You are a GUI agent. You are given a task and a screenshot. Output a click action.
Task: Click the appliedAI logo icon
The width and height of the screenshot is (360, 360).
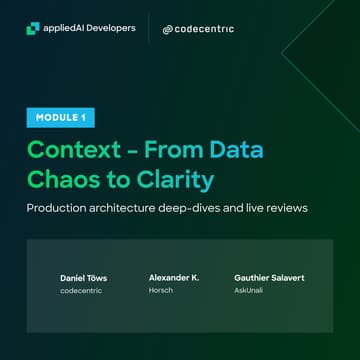(x=33, y=29)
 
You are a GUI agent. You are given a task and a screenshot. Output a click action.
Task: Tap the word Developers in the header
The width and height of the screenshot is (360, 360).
(x=110, y=29)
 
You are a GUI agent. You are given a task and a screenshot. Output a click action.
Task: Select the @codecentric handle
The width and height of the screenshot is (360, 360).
(x=198, y=29)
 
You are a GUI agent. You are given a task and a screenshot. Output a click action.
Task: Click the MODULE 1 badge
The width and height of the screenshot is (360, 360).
(x=59, y=118)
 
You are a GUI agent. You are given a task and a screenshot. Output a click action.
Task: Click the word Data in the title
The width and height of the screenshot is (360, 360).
(x=241, y=149)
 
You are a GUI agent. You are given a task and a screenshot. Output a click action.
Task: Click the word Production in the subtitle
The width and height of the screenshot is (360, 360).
(x=59, y=209)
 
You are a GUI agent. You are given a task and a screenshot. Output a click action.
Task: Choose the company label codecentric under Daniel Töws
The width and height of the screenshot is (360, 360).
(x=76, y=289)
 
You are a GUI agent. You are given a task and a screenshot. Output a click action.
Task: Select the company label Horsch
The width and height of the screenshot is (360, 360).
(x=161, y=289)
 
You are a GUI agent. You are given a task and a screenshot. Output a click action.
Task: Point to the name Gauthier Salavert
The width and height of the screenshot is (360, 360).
(x=267, y=276)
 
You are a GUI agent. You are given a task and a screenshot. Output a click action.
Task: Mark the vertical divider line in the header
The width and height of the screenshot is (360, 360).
(x=148, y=29)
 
